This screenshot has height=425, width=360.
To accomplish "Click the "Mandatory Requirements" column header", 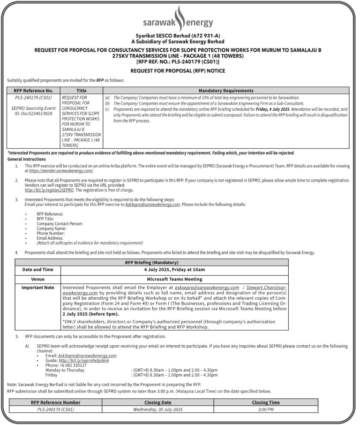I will click(x=226, y=91).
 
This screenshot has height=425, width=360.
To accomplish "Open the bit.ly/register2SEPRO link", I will click(x=49, y=190).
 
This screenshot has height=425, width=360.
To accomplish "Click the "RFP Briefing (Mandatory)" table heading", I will click(x=151, y=262).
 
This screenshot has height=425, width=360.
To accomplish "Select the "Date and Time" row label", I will click(x=38, y=270).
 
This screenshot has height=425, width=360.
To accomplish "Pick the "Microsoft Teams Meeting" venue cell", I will click(x=174, y=279).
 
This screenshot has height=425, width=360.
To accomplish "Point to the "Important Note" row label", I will click(x=38, y=287).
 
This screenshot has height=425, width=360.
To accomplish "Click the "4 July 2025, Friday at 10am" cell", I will click(x=174, y=270).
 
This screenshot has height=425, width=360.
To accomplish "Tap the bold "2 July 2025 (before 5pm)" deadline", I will click(x=88, y=313).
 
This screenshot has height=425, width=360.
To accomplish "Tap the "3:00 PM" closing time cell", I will click(x=265, y=409).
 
